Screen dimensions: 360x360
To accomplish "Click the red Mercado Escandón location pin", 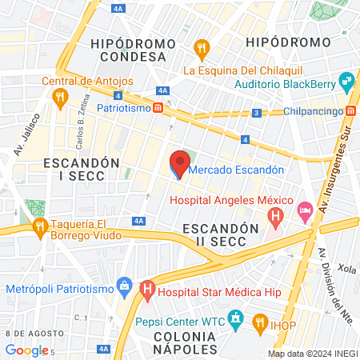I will click(x=178, y=166).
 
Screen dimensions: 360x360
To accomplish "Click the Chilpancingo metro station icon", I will click(x=351, y=111).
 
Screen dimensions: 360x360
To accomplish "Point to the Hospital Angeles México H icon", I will click(x=276, y=215).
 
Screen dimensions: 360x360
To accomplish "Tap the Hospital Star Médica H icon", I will click(x=146, y=290).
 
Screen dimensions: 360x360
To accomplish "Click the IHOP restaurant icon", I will click(x=259, y=323).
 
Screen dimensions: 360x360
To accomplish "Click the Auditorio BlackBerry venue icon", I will click(x=346, y=81).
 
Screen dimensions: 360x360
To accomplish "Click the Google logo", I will click(x=26, y=350).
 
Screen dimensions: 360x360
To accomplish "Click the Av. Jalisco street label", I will click(x=22, y=139).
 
